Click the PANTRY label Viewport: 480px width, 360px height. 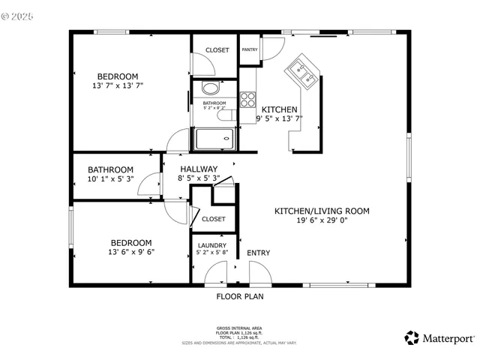[x=250, y=50]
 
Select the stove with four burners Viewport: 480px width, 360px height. [x=248, y=99]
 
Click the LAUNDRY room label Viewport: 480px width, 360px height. [x=212, y=245]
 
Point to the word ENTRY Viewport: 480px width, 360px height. [x=259, y=253]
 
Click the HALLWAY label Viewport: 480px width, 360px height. [x=198, y=169]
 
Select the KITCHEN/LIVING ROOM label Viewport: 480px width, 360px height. [x=322, y=211]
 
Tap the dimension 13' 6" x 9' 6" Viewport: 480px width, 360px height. [x=130, y=253]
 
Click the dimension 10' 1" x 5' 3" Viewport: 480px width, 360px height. [x=110, y=179]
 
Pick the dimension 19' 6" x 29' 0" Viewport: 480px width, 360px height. [x=322, y=221]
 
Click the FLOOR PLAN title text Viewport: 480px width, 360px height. [x=240, y=296]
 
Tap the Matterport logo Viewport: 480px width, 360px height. [x=439, y=338]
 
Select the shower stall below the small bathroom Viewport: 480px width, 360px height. [x=214, y=139]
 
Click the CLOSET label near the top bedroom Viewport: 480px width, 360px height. [x=217, y=50]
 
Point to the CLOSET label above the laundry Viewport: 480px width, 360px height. [x=214, y=219]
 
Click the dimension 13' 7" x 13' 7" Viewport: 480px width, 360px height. [x=118, y=86]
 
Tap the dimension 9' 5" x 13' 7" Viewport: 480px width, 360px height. [x=279, y=118]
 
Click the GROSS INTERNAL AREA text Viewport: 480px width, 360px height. [x=240, y=328]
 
